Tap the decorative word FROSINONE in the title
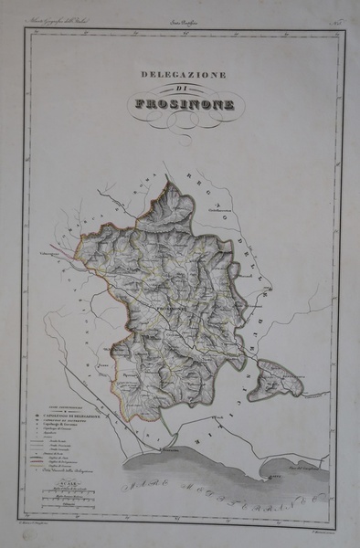point(184,103)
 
